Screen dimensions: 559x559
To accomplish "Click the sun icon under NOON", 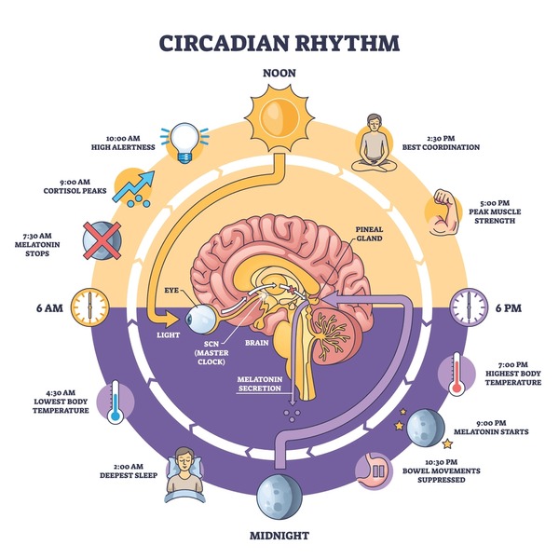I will (x=280, y=119).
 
